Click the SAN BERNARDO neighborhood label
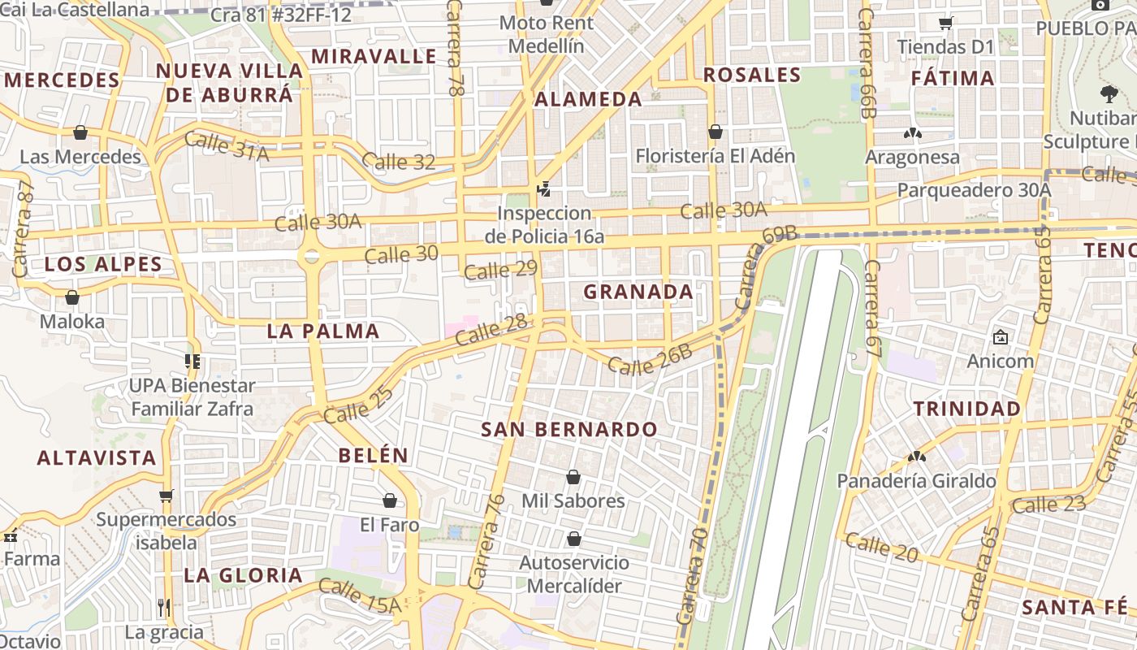click(568, 429)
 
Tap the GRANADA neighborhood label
click(638, 292)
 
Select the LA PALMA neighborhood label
click(323, 331)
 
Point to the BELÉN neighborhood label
click(374, 455)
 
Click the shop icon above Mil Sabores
click(573, 477)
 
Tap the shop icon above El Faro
click(390, 500)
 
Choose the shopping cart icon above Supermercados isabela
click(166, 495)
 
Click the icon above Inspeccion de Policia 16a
click(543, 189)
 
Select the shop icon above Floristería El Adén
click(715, 132)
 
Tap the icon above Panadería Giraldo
click(916, 457)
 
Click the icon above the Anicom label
click(1000, 336)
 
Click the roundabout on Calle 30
click(310, 257)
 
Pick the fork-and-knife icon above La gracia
click(164, 607)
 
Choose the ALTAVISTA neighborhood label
click(97, 457)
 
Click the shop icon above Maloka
click(72, 298)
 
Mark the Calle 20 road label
click(881, 548)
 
